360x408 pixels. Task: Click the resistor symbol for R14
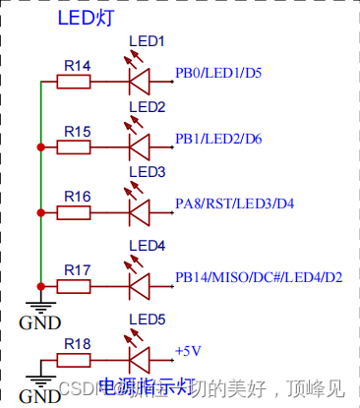click(74, 83)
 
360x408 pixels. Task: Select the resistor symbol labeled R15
click(74, 147)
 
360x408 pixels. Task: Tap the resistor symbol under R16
click(74, 212)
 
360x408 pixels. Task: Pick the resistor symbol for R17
click(74, 286)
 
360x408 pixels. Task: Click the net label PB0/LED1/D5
click(218, 74)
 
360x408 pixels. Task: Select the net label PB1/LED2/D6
click(218, 139)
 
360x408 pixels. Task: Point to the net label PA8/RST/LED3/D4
click(234, 204)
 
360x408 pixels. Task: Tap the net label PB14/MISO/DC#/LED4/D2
click(259, 277)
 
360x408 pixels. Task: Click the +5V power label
click(188, 350)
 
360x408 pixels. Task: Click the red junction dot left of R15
click(40, 147)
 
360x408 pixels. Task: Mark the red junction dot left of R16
click(40, 212)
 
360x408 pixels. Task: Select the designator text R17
click(77, 268)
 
